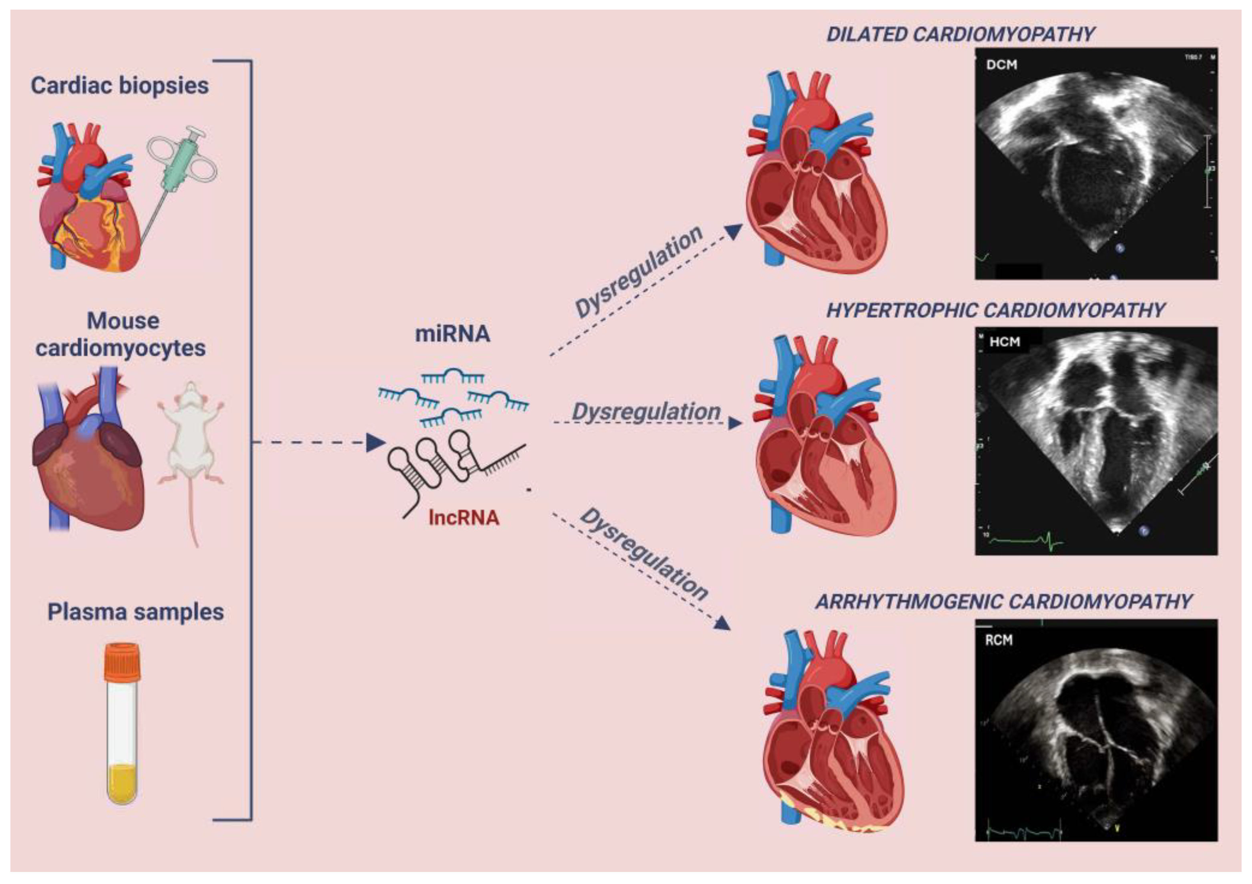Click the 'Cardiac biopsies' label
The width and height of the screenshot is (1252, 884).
click(119, 86)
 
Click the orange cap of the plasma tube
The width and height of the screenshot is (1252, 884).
click(122, 661)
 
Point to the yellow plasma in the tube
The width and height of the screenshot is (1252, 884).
click(122, 783)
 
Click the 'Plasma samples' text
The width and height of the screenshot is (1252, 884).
click(135, 611)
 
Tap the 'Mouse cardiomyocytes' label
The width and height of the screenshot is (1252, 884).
click(121, 334)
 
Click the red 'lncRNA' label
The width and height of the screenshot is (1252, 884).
click(464, 517)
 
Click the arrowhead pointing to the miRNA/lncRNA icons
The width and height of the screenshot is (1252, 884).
click(376, 442)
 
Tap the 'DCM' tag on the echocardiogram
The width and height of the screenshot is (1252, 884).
click(1002, 64)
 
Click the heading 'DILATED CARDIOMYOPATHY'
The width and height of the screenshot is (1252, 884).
click(960, 34)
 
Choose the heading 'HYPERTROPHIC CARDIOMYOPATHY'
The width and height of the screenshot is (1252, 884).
click(995, 310)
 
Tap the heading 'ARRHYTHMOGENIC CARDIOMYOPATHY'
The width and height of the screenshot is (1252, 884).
click(1003, 601)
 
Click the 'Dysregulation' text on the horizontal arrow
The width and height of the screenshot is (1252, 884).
click(646, 412)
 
